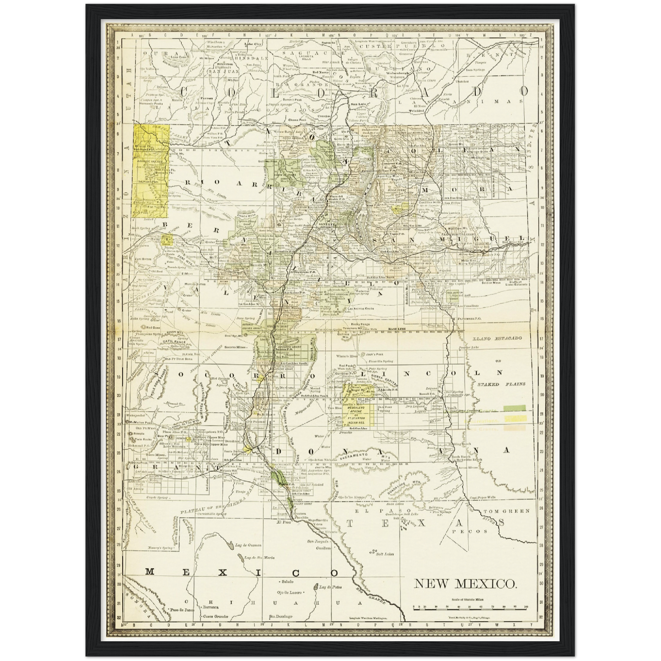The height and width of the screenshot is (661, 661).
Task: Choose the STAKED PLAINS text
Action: coord(501,384)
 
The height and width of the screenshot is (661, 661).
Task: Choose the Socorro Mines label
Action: coord(236,348)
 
